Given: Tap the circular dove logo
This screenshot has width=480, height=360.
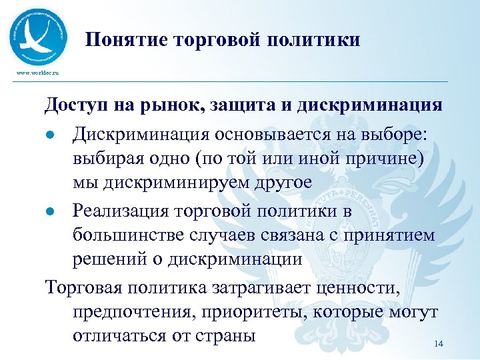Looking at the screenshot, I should [39, 36].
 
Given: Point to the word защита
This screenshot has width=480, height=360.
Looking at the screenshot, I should [244, 105].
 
